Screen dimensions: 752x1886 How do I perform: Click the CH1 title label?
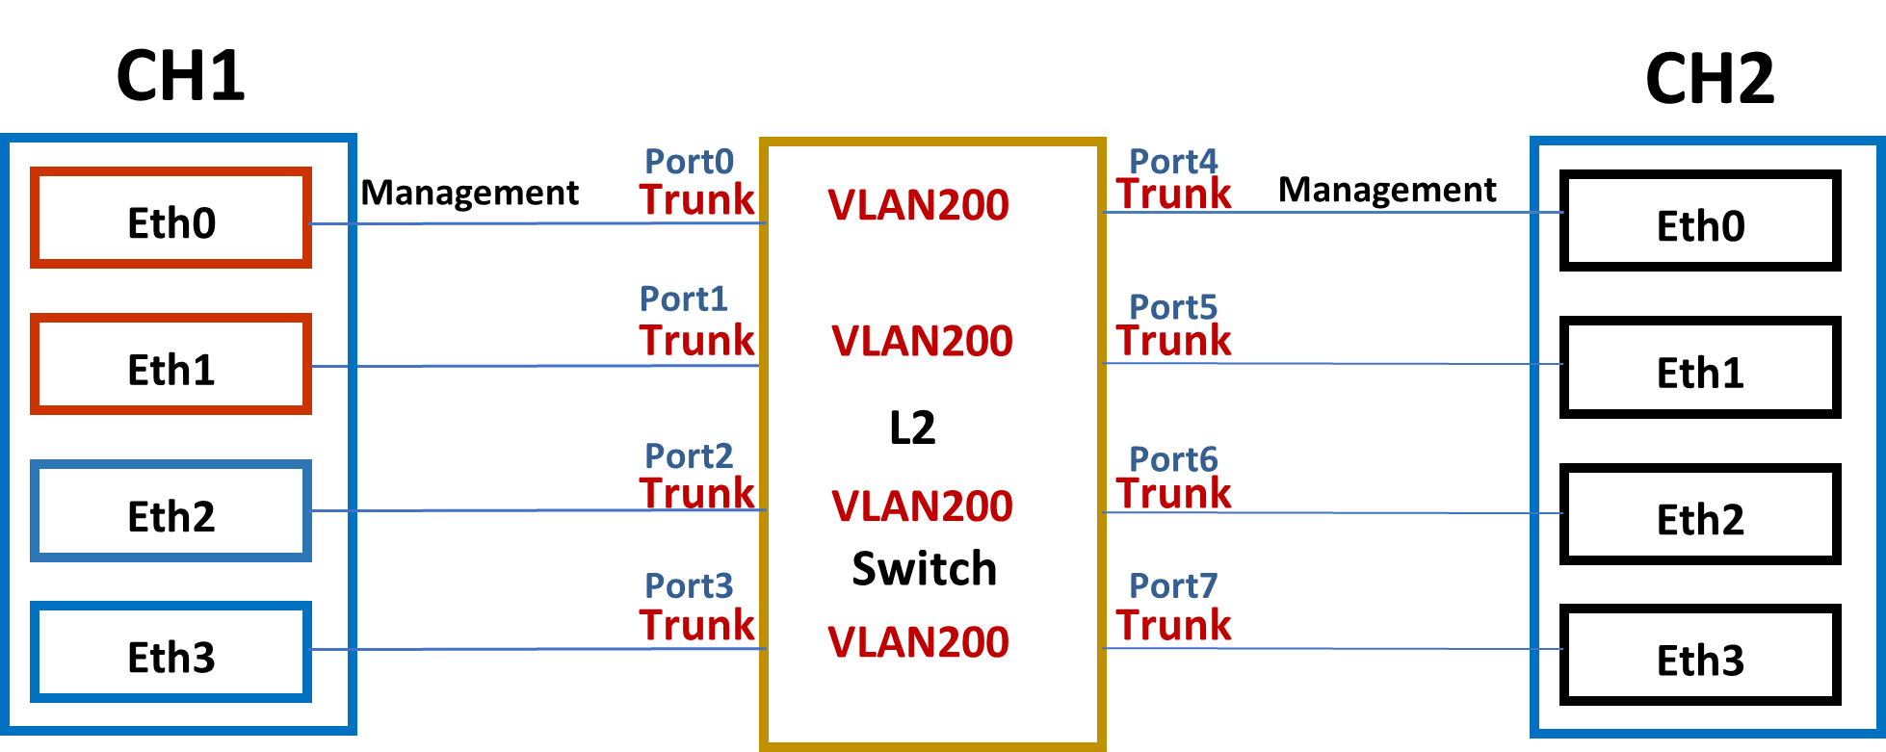[x=181, y=75]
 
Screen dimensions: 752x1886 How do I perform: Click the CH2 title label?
[x=1710, y=78]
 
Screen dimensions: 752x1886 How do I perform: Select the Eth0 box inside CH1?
[x=171, y=222]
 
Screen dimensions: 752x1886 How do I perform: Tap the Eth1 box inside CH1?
[x=171, y=369]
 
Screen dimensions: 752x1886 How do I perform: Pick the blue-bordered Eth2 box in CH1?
[x=171, y=516]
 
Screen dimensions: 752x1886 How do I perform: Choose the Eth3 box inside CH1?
[x=171, y=657]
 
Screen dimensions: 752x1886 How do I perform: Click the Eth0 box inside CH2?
[x=1700, y=225]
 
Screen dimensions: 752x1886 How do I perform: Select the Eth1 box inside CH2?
[x=1700, y=372]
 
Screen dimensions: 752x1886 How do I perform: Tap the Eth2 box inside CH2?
[x=1700, y=519]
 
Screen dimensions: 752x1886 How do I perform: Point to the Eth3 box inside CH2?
[x=1700, y=660]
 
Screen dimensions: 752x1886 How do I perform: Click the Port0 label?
[x=689, y=161]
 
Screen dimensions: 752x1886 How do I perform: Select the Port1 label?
[x=684, y=298]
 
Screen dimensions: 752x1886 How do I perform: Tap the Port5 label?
[x=1173, y=307]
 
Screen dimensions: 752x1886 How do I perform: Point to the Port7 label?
[x=1173, y=585]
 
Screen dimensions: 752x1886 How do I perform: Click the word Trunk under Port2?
[x=698, y=493]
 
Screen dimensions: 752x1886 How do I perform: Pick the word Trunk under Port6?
[x=1174, y=493]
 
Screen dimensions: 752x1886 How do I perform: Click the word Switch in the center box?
[x=924, y=568]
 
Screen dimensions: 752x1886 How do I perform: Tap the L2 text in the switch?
[x=912, y=428]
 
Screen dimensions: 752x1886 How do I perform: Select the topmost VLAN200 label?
[x=918, y=205]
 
